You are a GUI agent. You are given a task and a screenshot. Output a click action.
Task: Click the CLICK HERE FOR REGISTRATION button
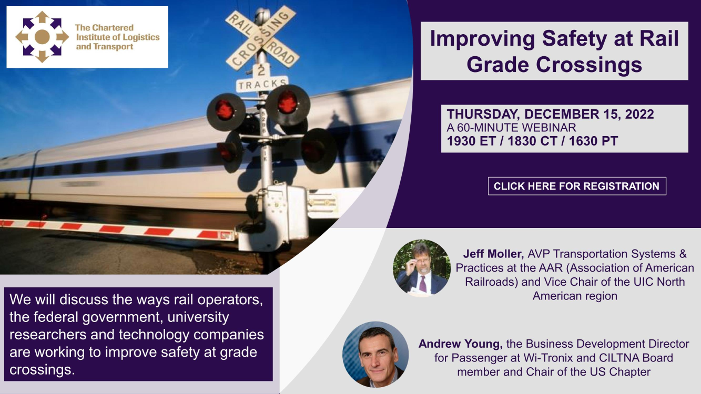click(x=577, y=186)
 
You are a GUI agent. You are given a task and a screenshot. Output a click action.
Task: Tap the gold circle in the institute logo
click(x=42, y=37)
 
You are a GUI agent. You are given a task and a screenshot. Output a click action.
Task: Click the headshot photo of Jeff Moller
click(x=422, y=268)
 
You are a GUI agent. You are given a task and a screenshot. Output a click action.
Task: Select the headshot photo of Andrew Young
click(x=375, y=355)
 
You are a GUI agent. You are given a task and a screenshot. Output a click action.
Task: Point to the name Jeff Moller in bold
click(x=493, y=254)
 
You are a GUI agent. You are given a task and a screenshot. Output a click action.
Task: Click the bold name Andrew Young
click(x=461, y=344)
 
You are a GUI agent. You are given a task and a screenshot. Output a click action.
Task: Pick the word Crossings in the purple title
click(x=589, y=65)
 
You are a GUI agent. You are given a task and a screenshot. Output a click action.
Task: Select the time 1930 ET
click(x=471, y=141)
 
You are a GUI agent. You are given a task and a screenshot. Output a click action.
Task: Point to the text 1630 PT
click(x=593, y=141)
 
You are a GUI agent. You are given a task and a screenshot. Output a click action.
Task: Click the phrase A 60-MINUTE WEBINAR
click(x=511, y=128)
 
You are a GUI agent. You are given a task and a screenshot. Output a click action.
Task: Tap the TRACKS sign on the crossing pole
click(x=262, y=84)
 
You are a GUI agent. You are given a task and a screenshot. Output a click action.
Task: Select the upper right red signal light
click(x=288, y=102)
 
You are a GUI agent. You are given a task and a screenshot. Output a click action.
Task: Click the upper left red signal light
click(x=225, y=110)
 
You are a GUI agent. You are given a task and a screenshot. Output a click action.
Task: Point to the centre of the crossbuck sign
click(x=261, y=37)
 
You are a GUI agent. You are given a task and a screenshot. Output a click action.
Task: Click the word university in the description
click(x=198, y=317)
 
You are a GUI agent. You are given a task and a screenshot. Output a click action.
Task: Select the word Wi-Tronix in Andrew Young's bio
click(x=548, y=358)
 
